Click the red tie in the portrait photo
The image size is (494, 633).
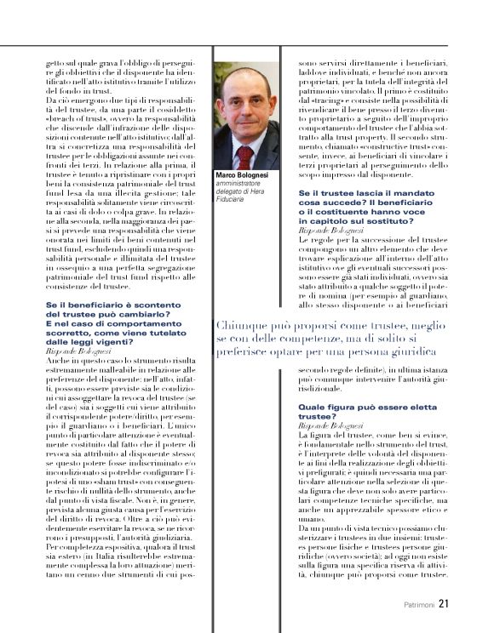245,154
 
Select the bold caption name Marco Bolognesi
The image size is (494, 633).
245,176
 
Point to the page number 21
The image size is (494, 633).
445,605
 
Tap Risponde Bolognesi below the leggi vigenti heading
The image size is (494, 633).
78,351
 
